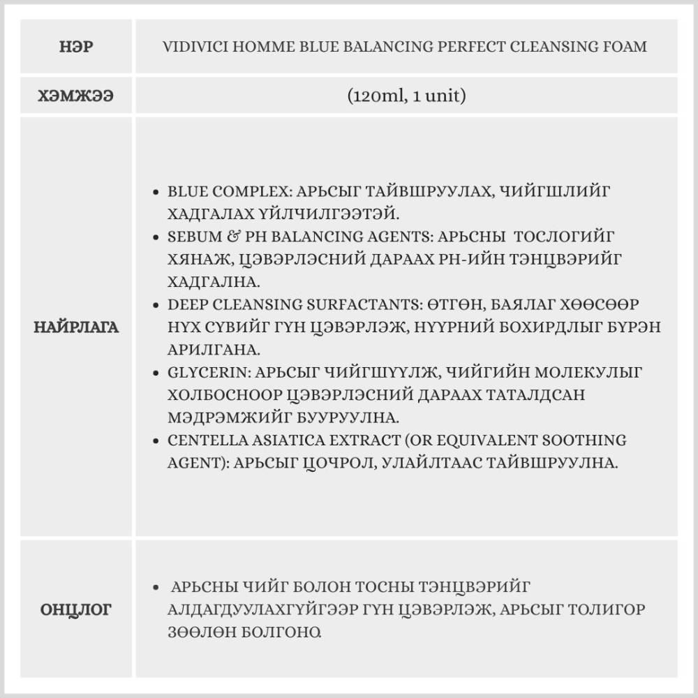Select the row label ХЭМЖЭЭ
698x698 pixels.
(x=76, y=96)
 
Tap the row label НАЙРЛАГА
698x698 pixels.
(x=76, y=327)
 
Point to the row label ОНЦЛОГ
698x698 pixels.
(x=76, y=610)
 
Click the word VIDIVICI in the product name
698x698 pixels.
(x=193, y=47)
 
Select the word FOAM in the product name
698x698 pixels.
(x=625, y=47)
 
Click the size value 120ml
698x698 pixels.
(x=377, y=96)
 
